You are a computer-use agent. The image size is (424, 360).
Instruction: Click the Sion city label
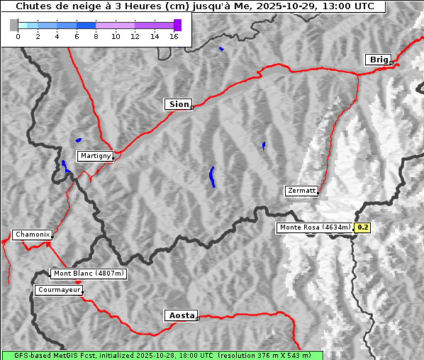click(179, 104)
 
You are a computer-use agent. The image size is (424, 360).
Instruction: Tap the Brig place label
click(378, 60)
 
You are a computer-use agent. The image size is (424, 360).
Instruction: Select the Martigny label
click(95, 155)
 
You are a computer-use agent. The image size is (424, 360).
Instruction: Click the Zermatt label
click(301, 191)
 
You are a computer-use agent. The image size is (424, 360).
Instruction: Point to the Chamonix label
click(32, 235)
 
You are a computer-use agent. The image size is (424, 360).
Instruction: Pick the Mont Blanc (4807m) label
click(89, 273)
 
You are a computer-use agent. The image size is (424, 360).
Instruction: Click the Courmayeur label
click(59, 290)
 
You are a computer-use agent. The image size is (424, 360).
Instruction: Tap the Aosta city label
click(181, 315)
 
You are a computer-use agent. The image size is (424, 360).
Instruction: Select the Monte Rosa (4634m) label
click(315, 227)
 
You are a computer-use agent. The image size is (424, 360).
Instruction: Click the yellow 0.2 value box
click(362, 227)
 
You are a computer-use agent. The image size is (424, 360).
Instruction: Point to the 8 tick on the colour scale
click(96, 36)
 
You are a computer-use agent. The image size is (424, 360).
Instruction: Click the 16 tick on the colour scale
click(174, 36)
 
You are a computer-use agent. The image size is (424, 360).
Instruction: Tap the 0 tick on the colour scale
click(18, 36)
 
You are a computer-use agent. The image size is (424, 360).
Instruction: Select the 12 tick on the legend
click(135, 36)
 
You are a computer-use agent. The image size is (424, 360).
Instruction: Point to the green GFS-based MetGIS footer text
click(162, 355)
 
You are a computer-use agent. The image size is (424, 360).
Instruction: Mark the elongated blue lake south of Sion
click(212, 176)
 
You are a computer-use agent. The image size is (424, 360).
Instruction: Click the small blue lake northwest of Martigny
click(78, 140)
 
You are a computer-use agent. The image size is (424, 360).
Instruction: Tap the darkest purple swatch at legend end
click(177, 25)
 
